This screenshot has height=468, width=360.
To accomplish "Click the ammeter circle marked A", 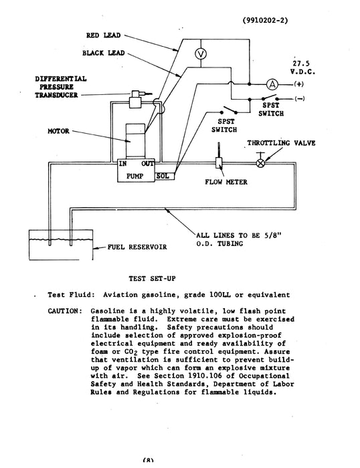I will pyautogui.click(x=272, y=84).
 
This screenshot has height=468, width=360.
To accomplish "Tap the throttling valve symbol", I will pyautogui.click(x=262, y=162).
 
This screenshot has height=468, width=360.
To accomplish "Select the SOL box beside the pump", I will pyautogui.click(x=164, y=177).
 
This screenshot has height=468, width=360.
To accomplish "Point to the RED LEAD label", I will pyautogui.click(x=104, y=34).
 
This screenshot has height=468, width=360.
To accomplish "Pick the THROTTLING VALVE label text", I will pyautogui.click(x=281, y=143).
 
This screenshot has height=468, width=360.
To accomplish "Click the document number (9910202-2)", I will pyautogui.click(x=265, y=21).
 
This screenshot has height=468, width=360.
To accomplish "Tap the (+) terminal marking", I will pyautogui.click(x=298, y=85).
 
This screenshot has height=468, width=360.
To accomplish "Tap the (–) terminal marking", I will pyautogui.click(x=299, y=99).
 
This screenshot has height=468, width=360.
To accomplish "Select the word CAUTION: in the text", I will pyautogui.click(x=65, y=311).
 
